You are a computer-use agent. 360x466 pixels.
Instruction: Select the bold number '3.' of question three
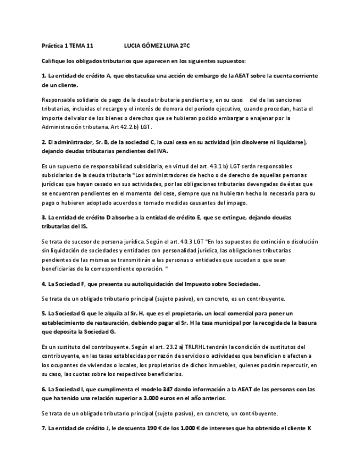(x=44, y=218)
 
